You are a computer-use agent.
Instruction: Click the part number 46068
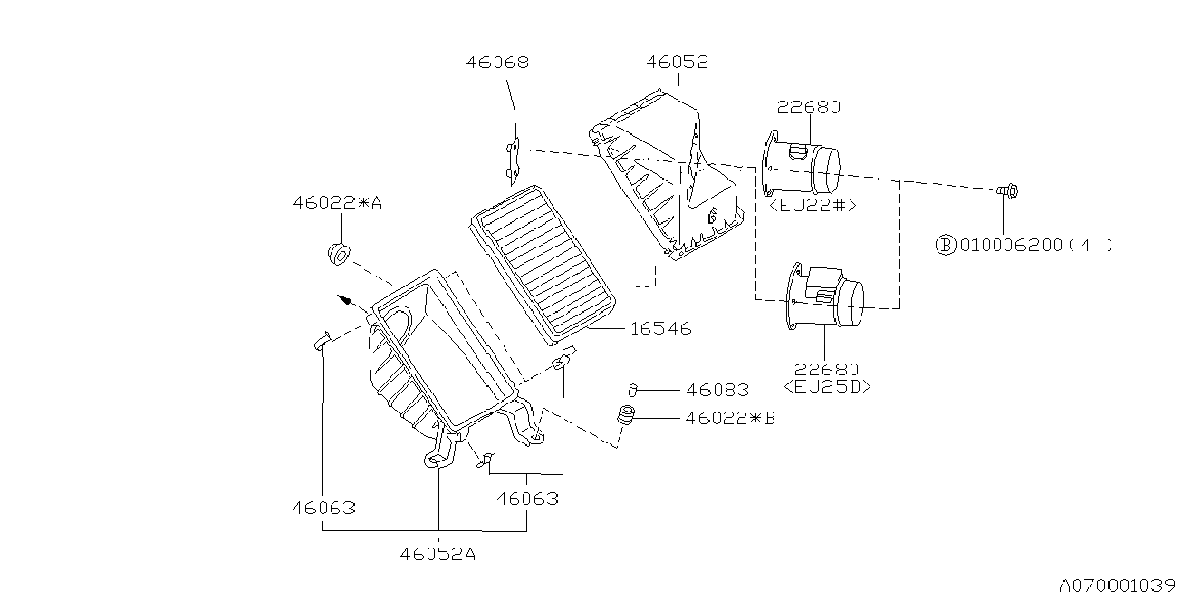[x=497, y=63]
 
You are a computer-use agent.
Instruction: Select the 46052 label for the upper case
[x=677, y=62]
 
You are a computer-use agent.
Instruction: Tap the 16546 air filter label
[x=660, y=329]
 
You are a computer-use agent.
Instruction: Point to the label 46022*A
[x=337, y=203]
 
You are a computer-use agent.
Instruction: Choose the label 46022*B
[x=730, y=418]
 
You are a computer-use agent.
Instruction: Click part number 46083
[x=717, y=390]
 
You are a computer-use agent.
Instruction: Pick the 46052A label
[x=438, y=554]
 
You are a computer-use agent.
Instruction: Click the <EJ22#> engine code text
[x=812, y=206]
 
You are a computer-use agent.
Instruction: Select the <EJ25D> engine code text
[x=827, y=387]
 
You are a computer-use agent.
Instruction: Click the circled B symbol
[x=945, y=245]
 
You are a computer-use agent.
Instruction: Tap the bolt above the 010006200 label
[x=1005, y=191]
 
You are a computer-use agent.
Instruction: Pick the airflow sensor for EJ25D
[x=827, y=295]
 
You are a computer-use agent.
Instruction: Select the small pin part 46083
[x=634, y=390]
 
